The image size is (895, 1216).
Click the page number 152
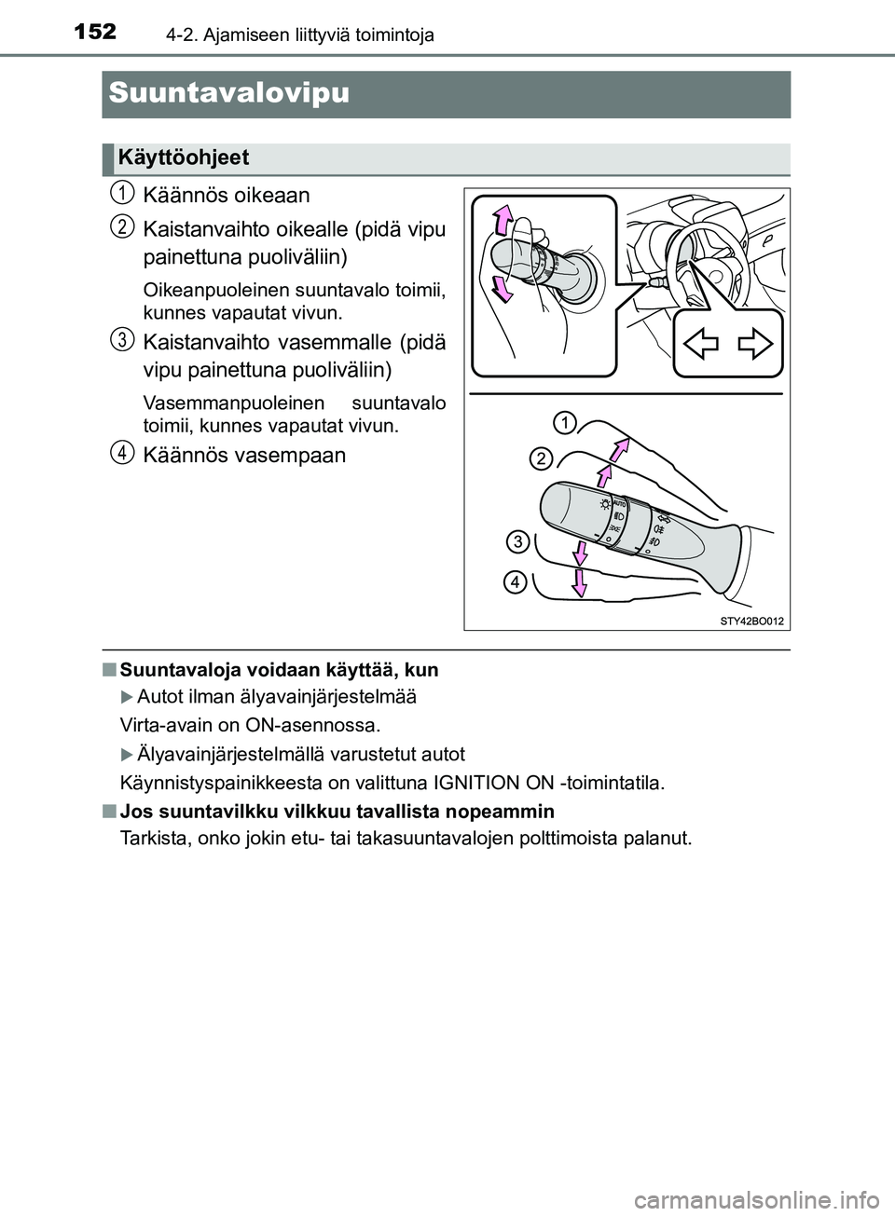click(91, 33)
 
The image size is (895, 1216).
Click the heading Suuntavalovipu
click(228, 93)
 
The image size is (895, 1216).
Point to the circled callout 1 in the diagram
click(562, 425)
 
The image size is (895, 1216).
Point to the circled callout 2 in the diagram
click(542, 458)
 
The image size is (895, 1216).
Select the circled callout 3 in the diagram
click(518, 541)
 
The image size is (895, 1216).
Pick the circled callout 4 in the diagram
click(514, 582)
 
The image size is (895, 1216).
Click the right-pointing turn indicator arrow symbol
click(754, 344)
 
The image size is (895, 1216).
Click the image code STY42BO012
click(751, 619)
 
